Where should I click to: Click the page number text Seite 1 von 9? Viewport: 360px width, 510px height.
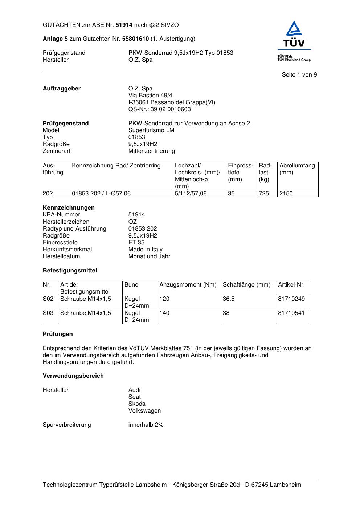tap(299, 75)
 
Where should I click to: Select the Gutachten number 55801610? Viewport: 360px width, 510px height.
tap(135, 39)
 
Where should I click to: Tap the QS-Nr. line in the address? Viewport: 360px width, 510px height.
tap(159, 109)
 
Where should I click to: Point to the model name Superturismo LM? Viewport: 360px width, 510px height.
tap(151, 130)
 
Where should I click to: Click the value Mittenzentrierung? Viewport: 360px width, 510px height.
tap(151, 151)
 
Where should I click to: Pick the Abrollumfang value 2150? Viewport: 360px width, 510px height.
tap(286, 194)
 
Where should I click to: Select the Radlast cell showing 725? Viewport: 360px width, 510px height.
tap(264, 194)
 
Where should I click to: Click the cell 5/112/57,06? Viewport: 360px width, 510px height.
tap(191, 194)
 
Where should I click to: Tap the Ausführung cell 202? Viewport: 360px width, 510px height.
tap(48, 194)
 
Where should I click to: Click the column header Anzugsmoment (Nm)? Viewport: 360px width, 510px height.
tap(188, 285)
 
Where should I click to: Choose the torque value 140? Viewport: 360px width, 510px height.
tap(164, 313)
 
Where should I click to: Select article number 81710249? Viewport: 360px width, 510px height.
tap(291, 299)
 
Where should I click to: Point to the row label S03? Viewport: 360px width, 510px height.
tap(48, 313)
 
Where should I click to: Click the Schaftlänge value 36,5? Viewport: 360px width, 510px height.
tap(229, 299)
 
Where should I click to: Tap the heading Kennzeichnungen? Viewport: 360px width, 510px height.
tap(69, 208)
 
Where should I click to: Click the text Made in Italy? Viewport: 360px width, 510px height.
tap(145, 250)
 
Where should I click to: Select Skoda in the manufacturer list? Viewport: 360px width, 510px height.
tap(137, 404)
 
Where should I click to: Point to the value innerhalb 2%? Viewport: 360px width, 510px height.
tap(146, 425)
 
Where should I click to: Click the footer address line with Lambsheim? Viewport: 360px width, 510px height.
tap(172, 485)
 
